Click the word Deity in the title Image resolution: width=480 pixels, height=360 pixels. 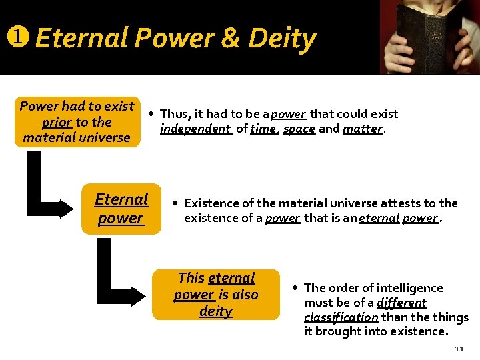click(281, 39)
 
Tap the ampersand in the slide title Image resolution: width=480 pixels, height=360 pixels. click(229, 38)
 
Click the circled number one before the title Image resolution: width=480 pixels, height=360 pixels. click(15, 38)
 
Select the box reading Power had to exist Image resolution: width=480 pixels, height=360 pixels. click(77, 121)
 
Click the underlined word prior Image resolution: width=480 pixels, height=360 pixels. click(57, 122)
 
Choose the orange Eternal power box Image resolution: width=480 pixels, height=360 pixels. click(121, 209)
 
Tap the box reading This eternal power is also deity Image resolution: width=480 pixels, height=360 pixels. click(215, 295)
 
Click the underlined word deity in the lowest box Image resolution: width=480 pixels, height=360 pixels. click(215, 311)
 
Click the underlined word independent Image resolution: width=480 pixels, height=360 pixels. click(195, 129)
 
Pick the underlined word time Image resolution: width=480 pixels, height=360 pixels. click(263, 129)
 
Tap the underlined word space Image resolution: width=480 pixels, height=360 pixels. click(299, 129)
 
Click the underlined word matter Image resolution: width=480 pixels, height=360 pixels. click(363, 129)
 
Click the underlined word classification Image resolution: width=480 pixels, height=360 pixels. click(341, 317)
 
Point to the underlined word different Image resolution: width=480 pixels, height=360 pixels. click(401, 303)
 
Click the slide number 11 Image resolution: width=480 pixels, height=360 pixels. click(459, 349)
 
